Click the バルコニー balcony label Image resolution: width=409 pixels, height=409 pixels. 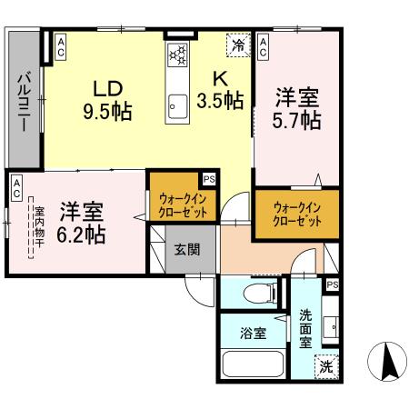point(21,100)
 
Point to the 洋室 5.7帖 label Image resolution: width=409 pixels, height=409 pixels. point(295,108)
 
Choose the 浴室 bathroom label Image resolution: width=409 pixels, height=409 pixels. point(254,334)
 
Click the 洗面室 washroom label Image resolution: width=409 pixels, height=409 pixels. point(305,328)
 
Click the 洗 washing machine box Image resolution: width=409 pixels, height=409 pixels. point(325,367)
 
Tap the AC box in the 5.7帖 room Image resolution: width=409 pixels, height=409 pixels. point(262,46)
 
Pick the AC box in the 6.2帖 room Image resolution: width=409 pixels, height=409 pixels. point(16,187)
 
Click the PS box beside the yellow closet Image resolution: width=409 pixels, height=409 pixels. point(208,179)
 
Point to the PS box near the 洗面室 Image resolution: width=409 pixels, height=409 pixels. point(332,285)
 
